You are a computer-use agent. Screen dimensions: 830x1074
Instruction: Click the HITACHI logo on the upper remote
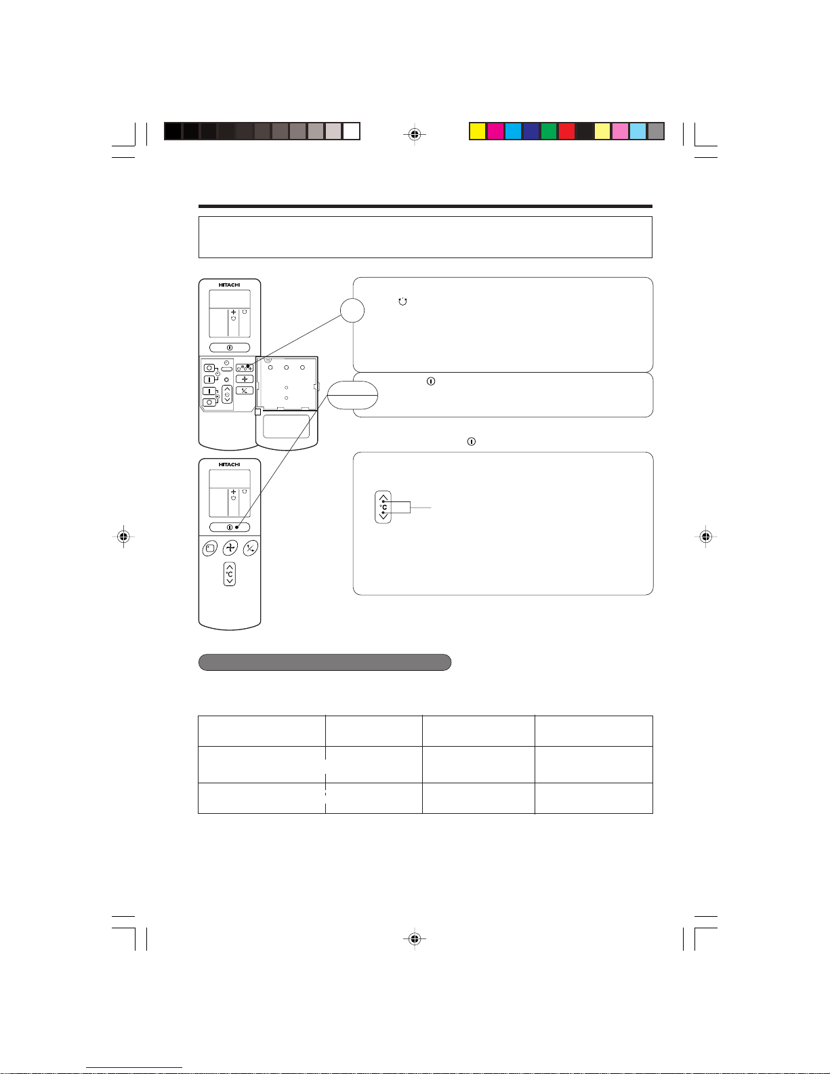coord(229,285)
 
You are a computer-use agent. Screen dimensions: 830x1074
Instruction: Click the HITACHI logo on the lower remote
coord(229,465)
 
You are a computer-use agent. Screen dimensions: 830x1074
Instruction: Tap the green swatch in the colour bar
coord(548,131)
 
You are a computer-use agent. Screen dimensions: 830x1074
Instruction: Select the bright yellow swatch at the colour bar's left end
coord(477,131)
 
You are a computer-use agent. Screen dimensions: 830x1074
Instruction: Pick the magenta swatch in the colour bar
coord(495,131)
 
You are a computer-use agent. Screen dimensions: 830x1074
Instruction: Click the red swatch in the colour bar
coord(566,131)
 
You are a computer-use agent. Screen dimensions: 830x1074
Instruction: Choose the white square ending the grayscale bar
coord(351,131)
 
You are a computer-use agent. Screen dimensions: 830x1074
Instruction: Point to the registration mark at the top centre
coord(415,134)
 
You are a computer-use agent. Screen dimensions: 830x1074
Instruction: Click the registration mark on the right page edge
coord(705,536)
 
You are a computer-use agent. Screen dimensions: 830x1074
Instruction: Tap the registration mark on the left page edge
coord(123,536)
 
